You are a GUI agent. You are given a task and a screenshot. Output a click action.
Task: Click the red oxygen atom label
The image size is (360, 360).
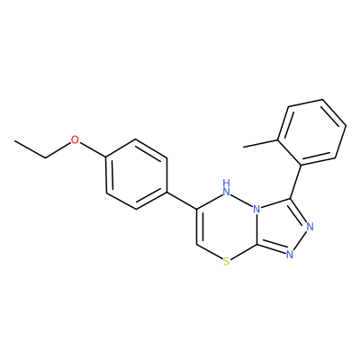pyautogui.click(x=75, y=139)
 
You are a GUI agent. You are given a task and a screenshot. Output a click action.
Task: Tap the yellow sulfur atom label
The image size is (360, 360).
pyautogui.click(x=227, y=262)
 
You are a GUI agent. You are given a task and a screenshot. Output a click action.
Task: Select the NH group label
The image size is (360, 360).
pyautogui.click(x=227, y=186)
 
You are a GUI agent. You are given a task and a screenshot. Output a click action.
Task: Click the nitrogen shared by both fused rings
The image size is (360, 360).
pyautogui.click(x=256, y=209)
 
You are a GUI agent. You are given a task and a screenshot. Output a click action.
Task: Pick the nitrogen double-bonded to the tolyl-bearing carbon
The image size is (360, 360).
pyautogui.click(x=310, y=226)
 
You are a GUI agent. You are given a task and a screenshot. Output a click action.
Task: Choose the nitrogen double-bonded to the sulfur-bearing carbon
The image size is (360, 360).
pyautogui.click(x=290, y=255)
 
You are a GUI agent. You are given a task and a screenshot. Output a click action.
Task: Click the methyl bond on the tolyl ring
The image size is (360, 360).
pyautogui.click(x=260, y=143)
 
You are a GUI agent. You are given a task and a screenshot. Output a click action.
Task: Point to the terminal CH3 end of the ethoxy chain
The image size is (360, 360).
pyautogui.click(x=14, y=140)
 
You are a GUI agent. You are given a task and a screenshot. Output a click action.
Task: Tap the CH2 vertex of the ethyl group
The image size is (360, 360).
pyautogui.click(x=45, y=157)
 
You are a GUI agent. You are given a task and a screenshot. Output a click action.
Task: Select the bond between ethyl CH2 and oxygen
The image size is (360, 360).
pyautogui.click(x=58, y=150)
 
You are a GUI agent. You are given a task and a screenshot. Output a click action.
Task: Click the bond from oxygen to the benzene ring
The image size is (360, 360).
pyautogui.click(x=93, y=150)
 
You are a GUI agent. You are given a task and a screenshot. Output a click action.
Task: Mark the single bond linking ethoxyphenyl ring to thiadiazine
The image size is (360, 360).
pyautogui.click(x=182, y=200)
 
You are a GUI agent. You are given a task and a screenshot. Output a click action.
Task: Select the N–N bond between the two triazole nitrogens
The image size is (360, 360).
pyautogui.click(x=301, y=240)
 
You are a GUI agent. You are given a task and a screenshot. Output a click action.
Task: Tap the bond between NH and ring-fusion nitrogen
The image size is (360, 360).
pyautogui.click(x=242, y=201)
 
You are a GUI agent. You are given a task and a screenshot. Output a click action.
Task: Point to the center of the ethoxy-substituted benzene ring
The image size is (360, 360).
pyautogui.click(x=136, y=174)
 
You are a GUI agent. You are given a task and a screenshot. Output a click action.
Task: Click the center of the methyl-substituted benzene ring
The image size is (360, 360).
pyautogui.click(x=312, y=132)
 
